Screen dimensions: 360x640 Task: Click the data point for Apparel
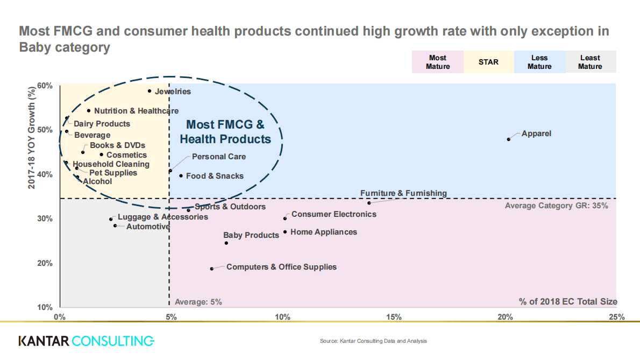(x=508, y=139)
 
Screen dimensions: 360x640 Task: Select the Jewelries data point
(x=150, y=91)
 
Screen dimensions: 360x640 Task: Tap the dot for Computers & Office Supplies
(x=211, y=269)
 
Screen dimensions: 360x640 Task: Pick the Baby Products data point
(x=226, y=243)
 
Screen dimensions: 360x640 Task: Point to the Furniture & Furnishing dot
(x=369, y=203)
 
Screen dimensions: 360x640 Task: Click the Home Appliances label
(x=323, y=232)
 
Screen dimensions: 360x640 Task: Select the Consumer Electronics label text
(x=333, y=214)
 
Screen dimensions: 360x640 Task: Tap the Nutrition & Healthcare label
(x=136, y=111)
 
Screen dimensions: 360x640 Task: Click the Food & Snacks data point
(x=181, y=175)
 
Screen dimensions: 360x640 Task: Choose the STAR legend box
(x=488, y=62)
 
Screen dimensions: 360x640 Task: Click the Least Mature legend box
(x=590, y=62)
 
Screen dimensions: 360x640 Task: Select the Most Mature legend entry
(x=438, y=62)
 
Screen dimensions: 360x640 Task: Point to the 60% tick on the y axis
(x=45, y=86)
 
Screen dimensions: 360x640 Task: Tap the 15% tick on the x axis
(x=394, y=317)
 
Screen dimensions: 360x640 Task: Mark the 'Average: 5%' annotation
(x=198, y=302)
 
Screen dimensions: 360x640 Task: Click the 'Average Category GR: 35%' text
(x=556, y=206)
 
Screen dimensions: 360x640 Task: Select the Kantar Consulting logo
(x=86, y=341)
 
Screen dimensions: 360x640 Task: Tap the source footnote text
(x=373, y=341)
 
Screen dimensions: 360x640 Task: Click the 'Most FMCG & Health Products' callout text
(x=225, y=132)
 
